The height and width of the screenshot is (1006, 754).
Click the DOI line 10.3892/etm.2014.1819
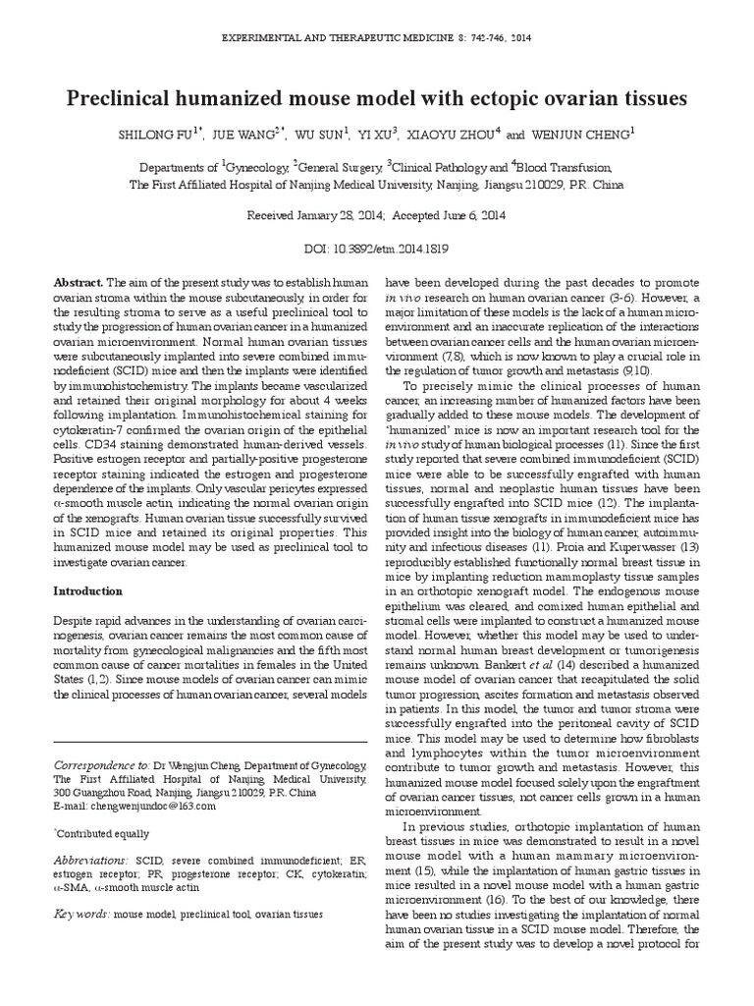pyautogui.click(x=376, y=250)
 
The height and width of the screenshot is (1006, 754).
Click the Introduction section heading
pyautogui.click(x=88, y=591)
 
